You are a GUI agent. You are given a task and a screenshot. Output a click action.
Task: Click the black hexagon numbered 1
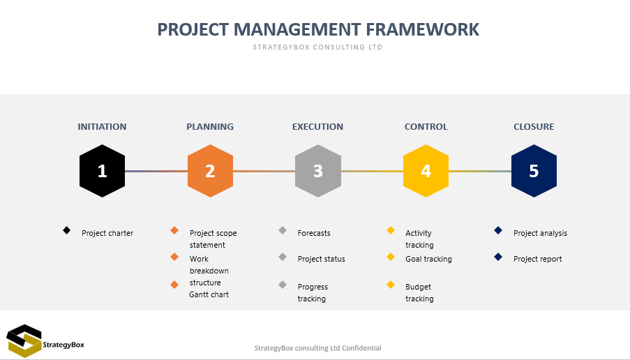coord(102,171)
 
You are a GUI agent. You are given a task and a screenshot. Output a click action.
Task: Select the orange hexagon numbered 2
coord(210,171)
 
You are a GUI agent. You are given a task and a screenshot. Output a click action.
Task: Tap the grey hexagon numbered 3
coord(318,171)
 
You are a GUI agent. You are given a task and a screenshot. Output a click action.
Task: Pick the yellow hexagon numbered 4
coord(426,171)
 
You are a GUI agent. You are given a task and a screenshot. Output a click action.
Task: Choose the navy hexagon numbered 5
coord(534,171)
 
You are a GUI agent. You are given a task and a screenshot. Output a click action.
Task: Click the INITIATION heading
coord(102,126)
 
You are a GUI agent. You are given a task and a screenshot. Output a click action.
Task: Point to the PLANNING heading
coord(210,126)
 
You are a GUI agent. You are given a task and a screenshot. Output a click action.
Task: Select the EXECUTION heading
coord(318,126)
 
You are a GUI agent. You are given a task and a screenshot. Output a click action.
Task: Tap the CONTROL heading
coord(426,126)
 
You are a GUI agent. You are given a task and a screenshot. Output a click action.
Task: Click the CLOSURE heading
coord(534,126)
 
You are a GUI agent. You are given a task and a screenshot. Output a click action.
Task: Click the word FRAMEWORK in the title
coord(422,29)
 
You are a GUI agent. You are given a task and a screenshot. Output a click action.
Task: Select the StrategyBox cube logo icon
coord(24,340)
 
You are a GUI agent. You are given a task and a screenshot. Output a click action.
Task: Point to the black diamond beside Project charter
coord(67,230)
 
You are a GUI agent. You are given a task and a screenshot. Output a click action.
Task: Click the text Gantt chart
coord(209,294)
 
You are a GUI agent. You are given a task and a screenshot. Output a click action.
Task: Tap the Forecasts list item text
coord(314,233)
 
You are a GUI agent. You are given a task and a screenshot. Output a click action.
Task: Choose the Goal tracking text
coord(428,259)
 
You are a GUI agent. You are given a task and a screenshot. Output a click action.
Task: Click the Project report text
coord(538,259)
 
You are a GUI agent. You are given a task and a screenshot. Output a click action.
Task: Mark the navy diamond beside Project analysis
coord(498,230)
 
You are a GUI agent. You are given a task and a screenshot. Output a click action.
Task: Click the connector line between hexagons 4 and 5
coord(480,171)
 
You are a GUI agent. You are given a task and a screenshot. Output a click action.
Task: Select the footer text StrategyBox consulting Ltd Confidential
coord(318,348)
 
